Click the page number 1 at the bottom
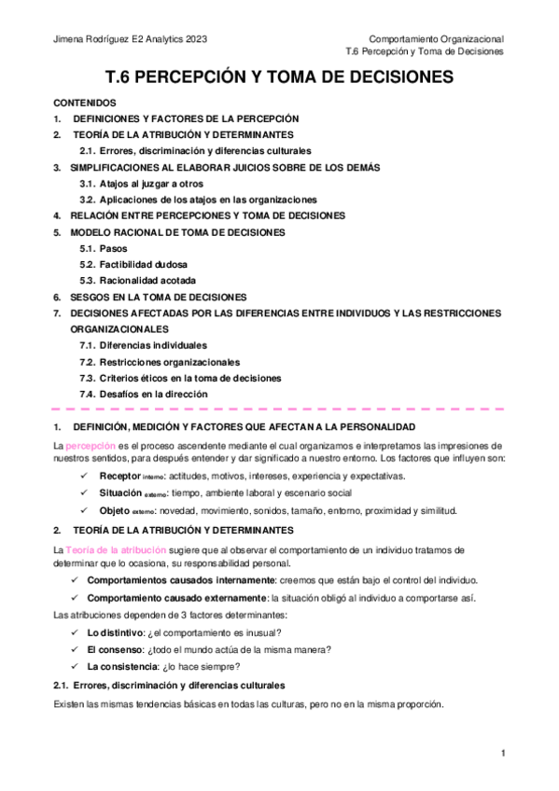pyautogui.click(x=503, y=753)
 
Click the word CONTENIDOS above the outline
pyautogui.click(x=85, y=103)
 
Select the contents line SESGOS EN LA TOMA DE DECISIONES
pyautogui.click(x=158, y=296)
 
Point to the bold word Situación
pyautogui.click(x=121, y=493)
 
